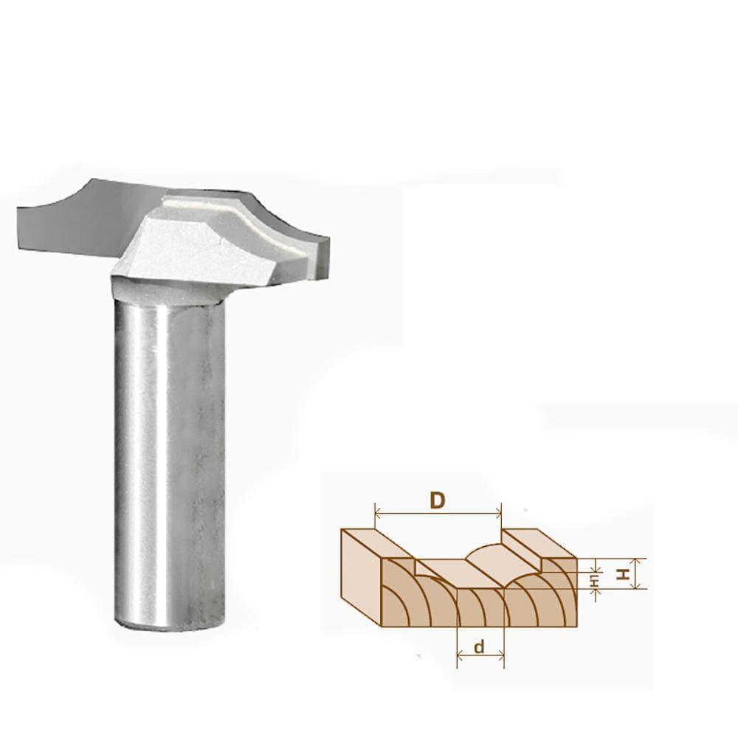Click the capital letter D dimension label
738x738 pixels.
pos(438,500)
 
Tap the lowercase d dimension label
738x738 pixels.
pos(479,648)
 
